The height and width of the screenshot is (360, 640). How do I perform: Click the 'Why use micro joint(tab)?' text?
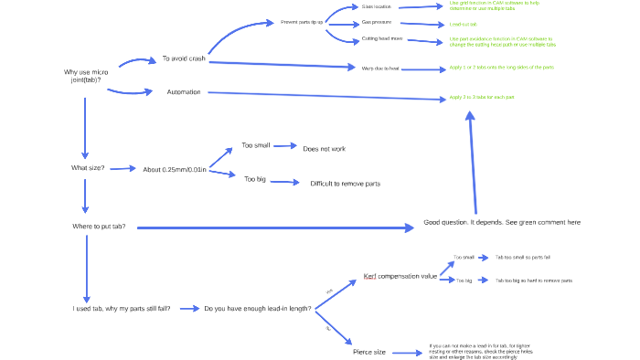click(86, 76)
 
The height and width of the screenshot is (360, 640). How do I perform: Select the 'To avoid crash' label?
click(183, 58)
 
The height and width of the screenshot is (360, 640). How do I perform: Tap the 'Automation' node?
click(183, 92)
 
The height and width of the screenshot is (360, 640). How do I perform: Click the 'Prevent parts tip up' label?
click(302, 22)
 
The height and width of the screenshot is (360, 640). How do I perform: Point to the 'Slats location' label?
click(376, 6)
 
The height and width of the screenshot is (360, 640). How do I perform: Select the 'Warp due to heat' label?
click(379, 69)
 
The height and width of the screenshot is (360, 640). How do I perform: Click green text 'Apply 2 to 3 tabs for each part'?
click(482, 97)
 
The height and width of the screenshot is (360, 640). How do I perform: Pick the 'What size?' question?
click(88, 168)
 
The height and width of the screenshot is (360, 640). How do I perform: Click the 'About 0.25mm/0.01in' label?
click(175, 170)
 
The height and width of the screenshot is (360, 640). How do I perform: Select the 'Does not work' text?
click(324, 148)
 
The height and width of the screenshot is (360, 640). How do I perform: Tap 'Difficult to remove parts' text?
click(345, 184)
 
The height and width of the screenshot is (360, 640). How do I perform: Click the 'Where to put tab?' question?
click(99, 226)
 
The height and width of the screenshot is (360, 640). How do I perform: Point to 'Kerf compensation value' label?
click(400, 276)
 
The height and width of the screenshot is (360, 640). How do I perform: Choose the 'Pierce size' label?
click(369, 352)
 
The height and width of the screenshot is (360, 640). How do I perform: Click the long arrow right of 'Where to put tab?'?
click(274, 227)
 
